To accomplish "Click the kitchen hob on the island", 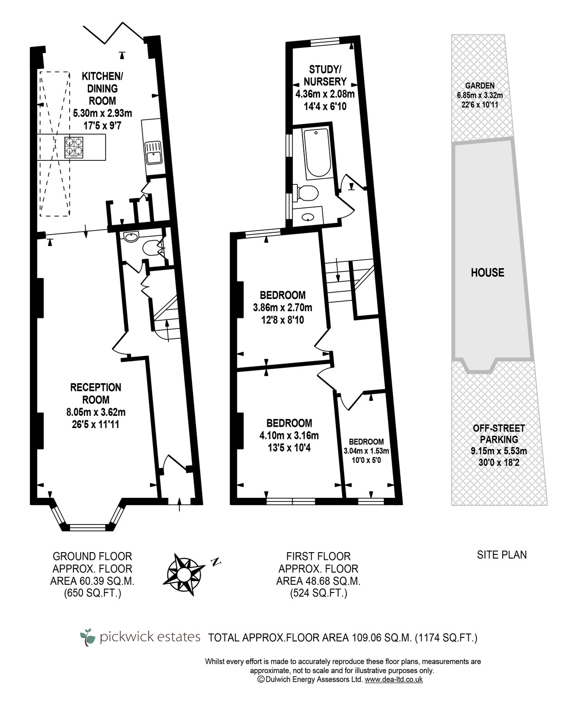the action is tap(74, 147).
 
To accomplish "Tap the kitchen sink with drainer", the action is tap(153, 153).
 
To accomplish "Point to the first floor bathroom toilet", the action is tap(306, 193).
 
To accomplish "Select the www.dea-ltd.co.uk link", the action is tap(393, 679).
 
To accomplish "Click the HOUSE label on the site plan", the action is tap(487, 273).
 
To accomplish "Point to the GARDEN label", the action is tap(479, 86).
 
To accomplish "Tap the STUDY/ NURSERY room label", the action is tap(325, 76).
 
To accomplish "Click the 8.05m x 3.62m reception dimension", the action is tap(96, 412).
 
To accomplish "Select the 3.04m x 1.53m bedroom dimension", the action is tap(366, 451).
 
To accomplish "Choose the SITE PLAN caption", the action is tap(502, 555).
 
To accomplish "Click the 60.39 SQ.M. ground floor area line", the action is tap(92, 581).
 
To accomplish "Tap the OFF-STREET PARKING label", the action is tap(499, 434).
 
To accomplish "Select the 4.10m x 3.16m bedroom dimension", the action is tap(289, 435).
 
